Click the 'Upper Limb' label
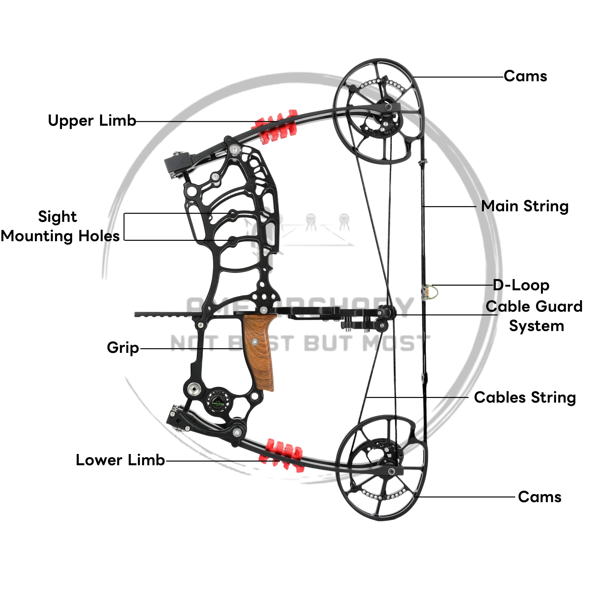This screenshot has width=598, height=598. click(x=92, y=121)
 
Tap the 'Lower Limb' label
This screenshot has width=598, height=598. click(x=120, y=460)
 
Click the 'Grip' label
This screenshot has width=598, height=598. click(x=123, y=348)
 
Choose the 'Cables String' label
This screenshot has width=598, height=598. click(x=525, y=397)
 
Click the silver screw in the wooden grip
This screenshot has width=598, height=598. click(x=255, y=342)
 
